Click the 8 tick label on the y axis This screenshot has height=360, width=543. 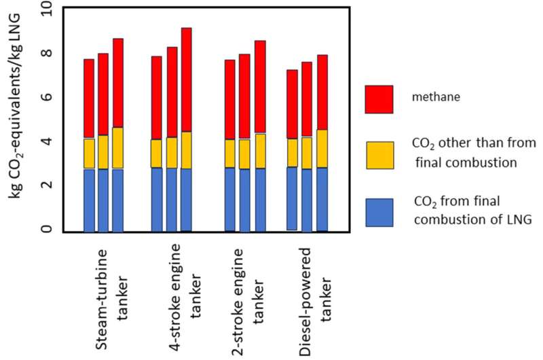[x=46, y=54]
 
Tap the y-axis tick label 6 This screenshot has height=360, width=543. [x=46, y=98]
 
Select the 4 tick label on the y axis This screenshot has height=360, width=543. [x=46, y=142]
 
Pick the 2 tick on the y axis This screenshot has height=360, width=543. [x=46, y=186]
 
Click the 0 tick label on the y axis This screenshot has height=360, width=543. [x=46, y=230]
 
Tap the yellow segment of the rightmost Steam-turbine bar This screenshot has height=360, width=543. [x=118, y=148]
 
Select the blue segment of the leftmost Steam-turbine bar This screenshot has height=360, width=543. [x=89, y=200]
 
